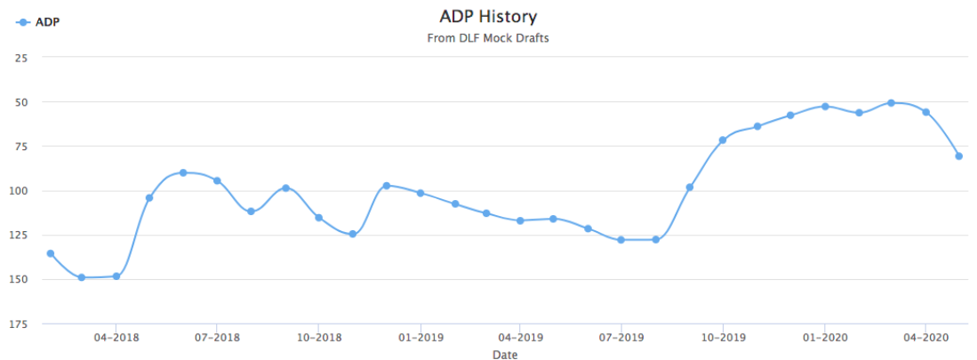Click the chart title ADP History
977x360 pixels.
tap(488, 17)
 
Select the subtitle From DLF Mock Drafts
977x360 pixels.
tap(488, 38)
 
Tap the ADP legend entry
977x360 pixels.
tap(39, 21)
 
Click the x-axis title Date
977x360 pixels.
tap(505, 355)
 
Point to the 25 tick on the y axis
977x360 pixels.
tap(22, 58)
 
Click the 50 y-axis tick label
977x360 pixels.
tap(22, 102)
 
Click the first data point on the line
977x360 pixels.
tap(51, 254)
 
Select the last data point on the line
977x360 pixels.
tap(959, 156)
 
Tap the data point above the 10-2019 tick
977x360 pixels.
tap(723, 140)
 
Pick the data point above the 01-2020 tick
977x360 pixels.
tap(825, 107)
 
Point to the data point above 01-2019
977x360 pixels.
tap(420, 193)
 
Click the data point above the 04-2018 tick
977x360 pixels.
tap(116, 276)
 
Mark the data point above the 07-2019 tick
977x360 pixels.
tap(621, 240)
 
